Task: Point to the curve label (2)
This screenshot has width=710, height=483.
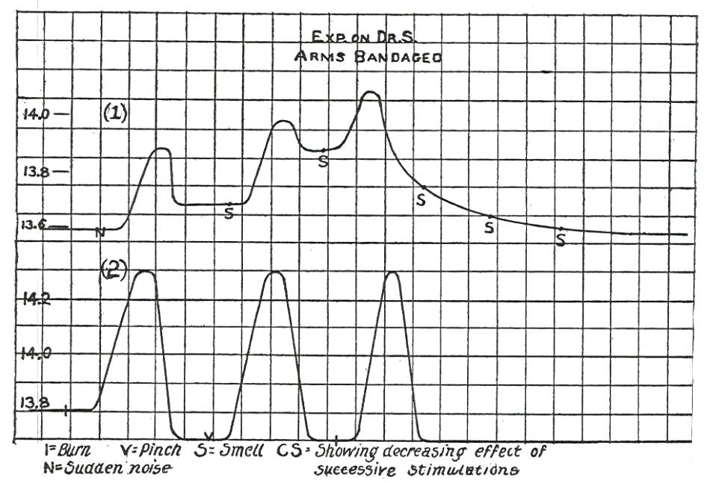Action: coord(114,272)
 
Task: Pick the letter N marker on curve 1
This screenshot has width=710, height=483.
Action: coord(100,232)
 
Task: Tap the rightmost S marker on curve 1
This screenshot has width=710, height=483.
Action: coord(561,240)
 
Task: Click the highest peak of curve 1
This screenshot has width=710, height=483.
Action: coord(370,93)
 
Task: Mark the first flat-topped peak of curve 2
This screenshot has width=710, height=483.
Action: coord(143,272)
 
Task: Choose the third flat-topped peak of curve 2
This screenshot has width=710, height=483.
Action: coord(392,273)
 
